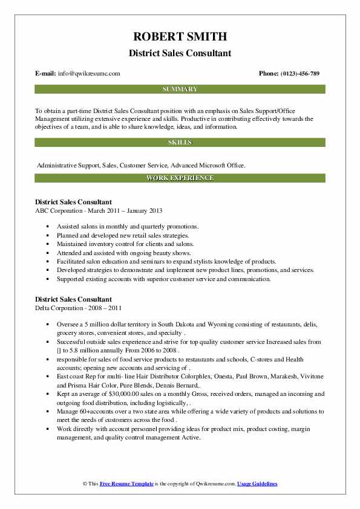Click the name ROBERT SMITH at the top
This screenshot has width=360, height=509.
tap(180, 37)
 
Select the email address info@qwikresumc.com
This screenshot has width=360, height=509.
tap(90, 74)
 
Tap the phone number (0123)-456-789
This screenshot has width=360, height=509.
tap(298, 74)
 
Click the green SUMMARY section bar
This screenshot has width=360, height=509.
tap(180, 89)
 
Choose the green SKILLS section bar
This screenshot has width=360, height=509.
tap(180, 143)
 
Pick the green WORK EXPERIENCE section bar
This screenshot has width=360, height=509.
tap(180, 178)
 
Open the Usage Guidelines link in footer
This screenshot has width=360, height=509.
tap(257, 484)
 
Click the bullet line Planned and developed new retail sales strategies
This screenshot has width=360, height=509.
tap(123, 235)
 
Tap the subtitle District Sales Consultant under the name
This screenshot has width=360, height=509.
tap(180, 53)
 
